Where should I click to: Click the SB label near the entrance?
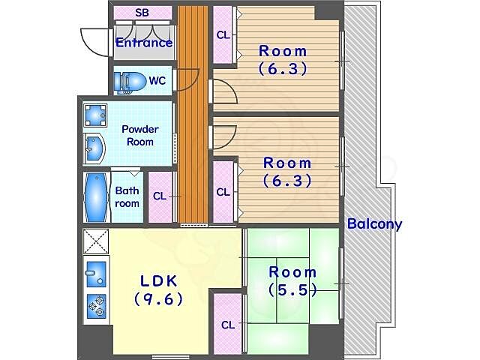pos(142,13)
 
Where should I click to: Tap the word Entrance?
pos(144,43)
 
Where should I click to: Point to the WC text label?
pos(157,81)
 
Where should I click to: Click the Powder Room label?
pos(140,135)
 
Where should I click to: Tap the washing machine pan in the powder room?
pos(95,115)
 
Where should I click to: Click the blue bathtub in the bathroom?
pos(97,197)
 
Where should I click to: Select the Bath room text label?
pos(127,196)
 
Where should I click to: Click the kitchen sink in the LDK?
pos(96,274)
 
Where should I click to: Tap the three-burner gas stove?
pos(96,306)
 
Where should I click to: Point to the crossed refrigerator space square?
pos(96,241)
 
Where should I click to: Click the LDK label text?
pos(158,281)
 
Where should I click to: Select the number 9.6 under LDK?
pos(158,298)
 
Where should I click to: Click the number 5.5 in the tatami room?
pos(292,290)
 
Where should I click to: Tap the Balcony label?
pos(374,224)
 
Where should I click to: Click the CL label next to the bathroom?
pos(160,196)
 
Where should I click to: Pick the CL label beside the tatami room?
pos(228,325)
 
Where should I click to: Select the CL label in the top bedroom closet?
pos(223,35)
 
